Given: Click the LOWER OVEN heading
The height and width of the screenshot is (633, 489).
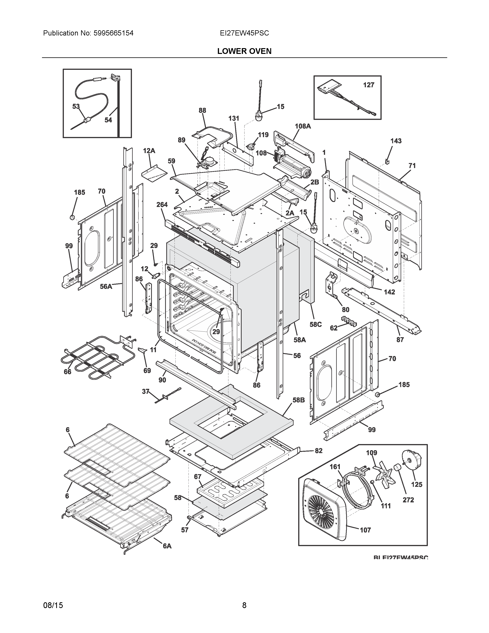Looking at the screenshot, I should coord(244,51).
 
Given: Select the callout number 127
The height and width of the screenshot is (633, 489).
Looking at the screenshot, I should coord(369,85).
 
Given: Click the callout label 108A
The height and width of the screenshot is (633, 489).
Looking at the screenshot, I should coord(303,126).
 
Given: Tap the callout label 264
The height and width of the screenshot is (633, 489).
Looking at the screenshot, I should coord(162,205).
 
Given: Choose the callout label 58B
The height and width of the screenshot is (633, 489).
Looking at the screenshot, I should coord(298,400).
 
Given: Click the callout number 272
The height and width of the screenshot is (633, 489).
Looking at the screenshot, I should coord(408,500).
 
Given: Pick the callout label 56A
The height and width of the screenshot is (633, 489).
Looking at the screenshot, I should coord(106,286).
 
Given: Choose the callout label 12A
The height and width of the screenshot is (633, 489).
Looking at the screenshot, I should coord(149,151).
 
